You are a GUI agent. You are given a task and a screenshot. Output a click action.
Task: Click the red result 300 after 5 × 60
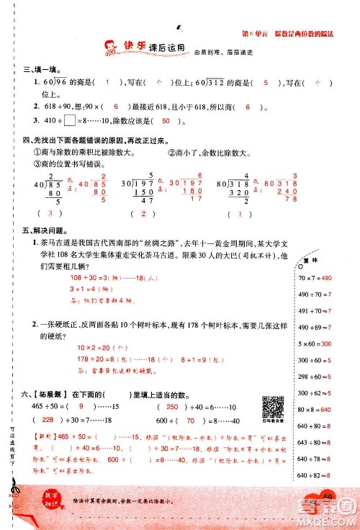click(341, 344)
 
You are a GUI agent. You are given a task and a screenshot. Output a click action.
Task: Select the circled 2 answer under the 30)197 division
click(143, 214)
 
